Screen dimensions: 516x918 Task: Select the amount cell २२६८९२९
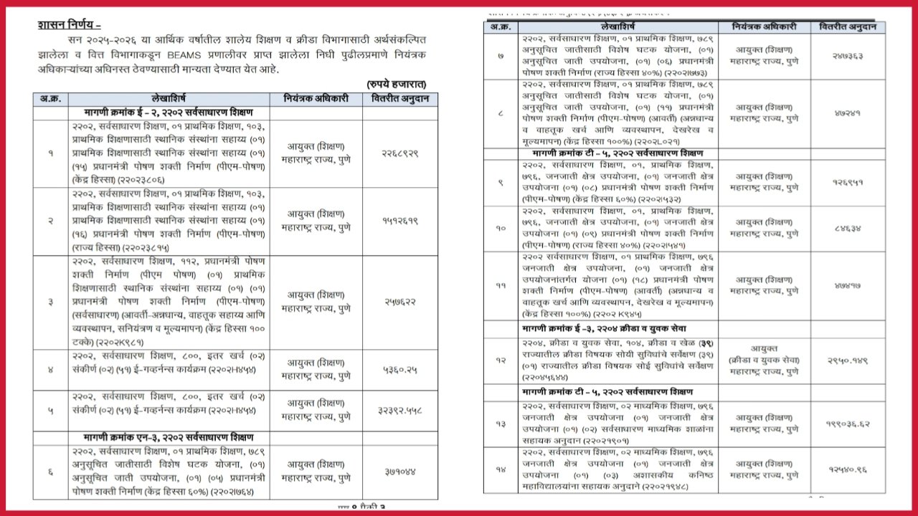pos(399,153)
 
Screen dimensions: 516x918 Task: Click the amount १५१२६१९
pos(399,220)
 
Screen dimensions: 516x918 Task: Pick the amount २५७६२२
pos(399,302)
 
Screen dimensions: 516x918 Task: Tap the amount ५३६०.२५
pos(399,370)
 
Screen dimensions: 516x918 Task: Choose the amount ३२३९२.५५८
pos(399,411)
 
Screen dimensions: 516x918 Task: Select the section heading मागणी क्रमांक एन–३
pos(169,437)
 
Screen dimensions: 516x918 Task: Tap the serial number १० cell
pos(500,228)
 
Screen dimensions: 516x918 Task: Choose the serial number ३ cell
pos(50,302)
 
